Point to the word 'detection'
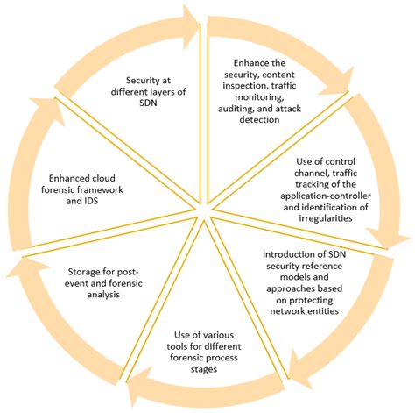point(259,119)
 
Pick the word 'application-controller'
point(326,196)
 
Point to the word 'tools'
point(175,346)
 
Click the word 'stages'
point(204,369)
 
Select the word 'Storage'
point(83,272)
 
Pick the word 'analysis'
point(103,295)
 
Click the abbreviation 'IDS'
point(90,201)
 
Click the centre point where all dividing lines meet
point(203,212)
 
